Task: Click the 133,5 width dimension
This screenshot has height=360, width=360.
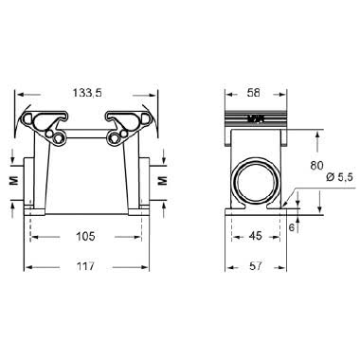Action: coord(85,93)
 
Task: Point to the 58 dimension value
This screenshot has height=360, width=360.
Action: coord(253,93)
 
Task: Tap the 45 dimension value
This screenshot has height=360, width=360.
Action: coord(254,237)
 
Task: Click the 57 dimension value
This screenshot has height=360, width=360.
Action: coord(254,265)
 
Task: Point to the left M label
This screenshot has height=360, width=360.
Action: coord(11,177)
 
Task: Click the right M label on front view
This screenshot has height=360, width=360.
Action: coord(162,177)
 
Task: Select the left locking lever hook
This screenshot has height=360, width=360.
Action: coord(48,120)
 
